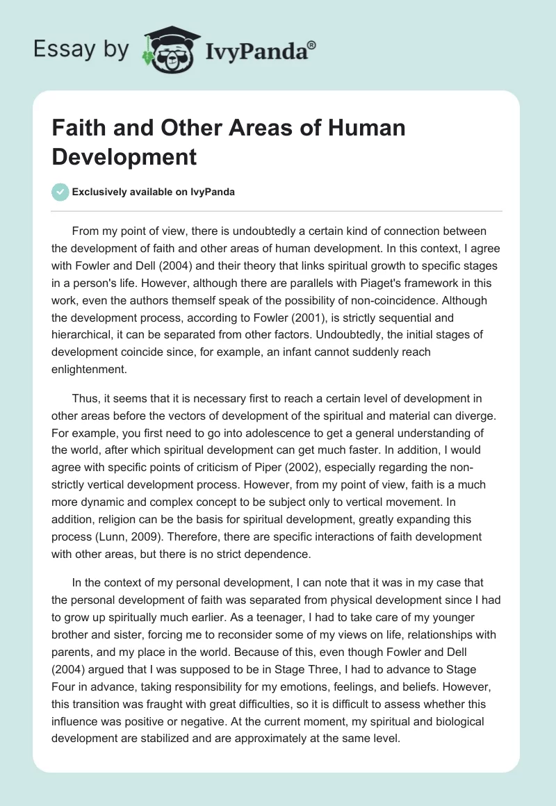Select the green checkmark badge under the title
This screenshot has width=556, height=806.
(x=60, y=192)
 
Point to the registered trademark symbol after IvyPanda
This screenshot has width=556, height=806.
(x=312, y=44)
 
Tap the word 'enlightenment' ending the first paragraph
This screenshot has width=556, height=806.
(x=89, y=370)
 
